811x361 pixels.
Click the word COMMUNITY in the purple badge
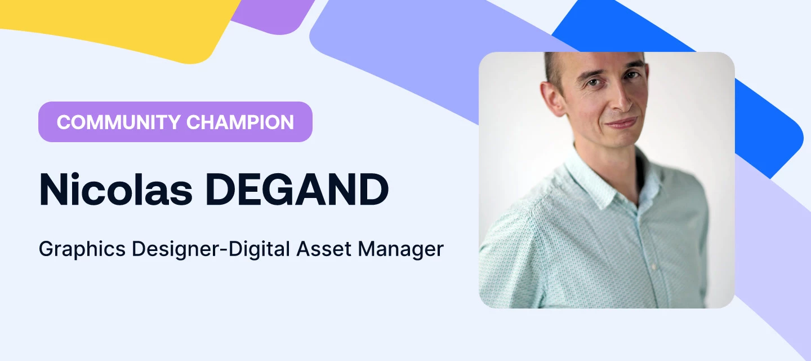tap(118, 122)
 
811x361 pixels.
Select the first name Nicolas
tap(113, 190)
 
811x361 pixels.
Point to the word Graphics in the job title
tap(82, 249)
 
